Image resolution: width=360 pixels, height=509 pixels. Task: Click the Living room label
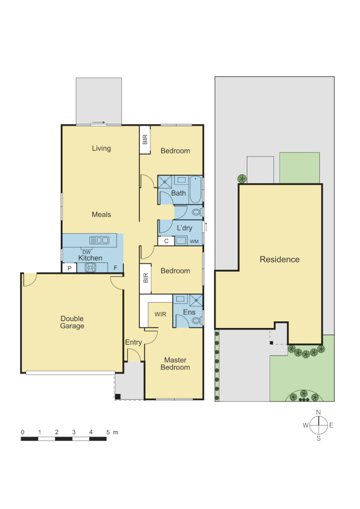101,148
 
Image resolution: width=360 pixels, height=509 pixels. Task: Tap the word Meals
101,214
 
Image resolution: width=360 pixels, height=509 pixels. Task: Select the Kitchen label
90,258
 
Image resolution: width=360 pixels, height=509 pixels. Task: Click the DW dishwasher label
86,252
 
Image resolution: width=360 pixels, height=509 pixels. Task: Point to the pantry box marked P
69,268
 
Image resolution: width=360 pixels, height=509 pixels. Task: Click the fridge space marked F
115,268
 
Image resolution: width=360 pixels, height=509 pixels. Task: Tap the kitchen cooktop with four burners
90,268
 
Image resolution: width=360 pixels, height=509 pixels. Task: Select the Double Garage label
72,322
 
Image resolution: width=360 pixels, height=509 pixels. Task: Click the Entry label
133,342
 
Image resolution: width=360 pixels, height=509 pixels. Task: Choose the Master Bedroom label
175,364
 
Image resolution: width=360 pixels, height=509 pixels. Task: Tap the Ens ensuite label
189,312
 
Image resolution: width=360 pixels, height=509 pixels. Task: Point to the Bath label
179,193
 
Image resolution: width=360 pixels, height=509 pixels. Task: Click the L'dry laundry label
184,228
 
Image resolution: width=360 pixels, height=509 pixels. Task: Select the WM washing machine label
194,241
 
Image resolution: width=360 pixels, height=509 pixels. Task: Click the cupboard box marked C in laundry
166,241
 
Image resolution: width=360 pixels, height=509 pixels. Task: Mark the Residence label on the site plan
279,259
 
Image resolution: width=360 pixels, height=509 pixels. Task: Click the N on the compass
319,412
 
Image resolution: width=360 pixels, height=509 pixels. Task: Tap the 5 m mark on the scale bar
108,432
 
